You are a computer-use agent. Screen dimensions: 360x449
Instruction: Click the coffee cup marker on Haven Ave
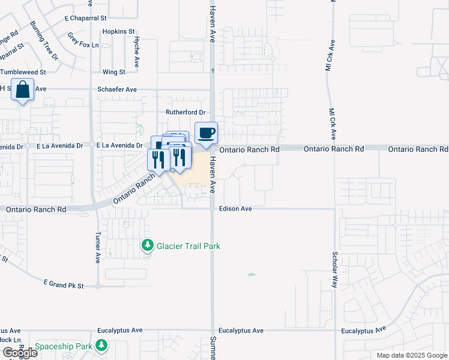click(x=206, y=133)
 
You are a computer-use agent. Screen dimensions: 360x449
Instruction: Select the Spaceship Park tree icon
click(x=101, y=346)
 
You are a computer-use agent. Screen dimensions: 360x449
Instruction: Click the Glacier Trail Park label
click(x=188, y=246)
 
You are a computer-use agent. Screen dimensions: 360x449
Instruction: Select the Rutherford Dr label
click(x=185, y=112)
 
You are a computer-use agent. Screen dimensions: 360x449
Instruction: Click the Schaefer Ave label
click(x=117, y=89)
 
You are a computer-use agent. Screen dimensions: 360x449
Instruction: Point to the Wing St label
click(x=113, y=72)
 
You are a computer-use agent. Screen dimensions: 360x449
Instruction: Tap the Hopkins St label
click(x=118, y=31)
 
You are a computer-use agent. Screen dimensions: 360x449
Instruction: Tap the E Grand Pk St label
click(x=63, y=281)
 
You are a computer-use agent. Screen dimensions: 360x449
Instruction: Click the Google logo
click(x=20, y=353)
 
